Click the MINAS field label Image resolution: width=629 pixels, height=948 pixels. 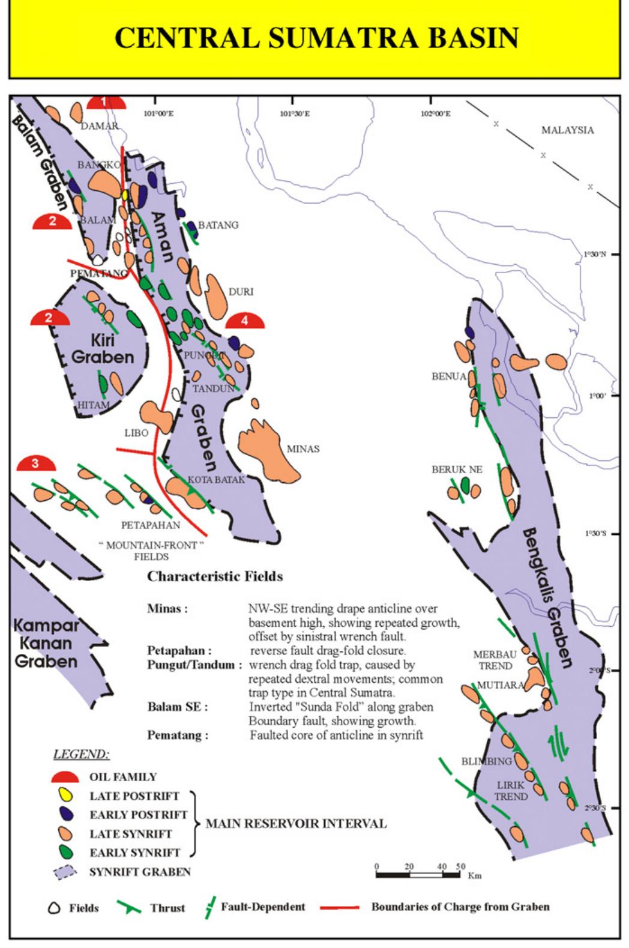coord(302,448)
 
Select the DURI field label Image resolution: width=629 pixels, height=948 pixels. coord(241,292)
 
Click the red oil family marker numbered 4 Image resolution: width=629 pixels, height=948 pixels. coord(245,321)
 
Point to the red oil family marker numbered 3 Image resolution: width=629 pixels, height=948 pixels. coord(36,463)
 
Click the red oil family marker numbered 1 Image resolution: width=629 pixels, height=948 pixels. coord(106,102)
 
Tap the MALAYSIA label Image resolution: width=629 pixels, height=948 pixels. coord(567,130)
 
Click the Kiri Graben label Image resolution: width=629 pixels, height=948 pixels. coord(103,349)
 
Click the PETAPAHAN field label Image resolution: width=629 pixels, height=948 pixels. coord(150,525)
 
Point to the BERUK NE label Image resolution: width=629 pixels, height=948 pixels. coord(457,469)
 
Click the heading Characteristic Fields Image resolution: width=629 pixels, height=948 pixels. coord(215,576)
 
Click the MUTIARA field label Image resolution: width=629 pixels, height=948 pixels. coord(501,684)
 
